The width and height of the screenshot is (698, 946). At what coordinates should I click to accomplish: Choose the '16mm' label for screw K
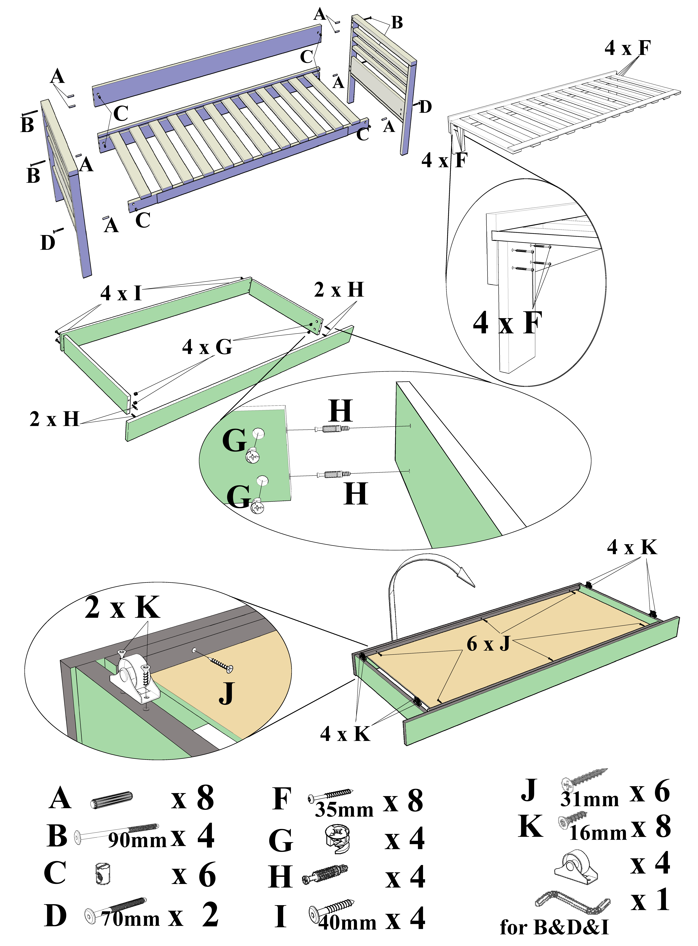pyautogui.click(x=598, y=833)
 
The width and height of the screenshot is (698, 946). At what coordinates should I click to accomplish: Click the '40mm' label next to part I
pyautogui.click(x=347, y=923)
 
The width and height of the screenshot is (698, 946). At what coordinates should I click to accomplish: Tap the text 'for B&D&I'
pyautogui.click(x=554, y=927)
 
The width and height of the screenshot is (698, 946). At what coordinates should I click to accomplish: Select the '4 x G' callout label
pyautogui.click(x=207, y=347)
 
